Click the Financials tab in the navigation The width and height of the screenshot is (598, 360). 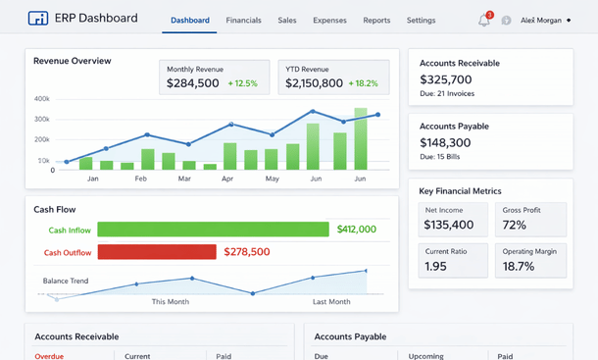[243, 20]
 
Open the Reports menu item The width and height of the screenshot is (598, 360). [376, 20]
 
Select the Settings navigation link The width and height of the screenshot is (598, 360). [421, 20]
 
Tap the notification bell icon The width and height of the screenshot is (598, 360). [483, 20]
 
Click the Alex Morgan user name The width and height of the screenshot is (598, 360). [541, 20]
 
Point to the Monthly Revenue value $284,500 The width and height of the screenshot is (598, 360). [193, 84]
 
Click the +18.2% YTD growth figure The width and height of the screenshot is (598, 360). [365, 84]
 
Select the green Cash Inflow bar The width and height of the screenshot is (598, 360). [213, 230]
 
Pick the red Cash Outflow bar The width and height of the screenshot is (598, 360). [157, 252]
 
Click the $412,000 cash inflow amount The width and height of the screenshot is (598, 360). [356, 230]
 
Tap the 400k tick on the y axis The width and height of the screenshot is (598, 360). [42, 99]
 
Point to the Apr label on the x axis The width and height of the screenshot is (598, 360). [227, 180]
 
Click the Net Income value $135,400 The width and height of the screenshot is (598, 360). [449, 225]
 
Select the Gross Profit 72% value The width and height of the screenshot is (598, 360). [514, 225]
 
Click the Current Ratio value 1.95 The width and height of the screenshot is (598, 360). [436, 266]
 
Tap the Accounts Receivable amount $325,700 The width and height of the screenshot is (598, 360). [446, 79]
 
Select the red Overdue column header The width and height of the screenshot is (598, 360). [49, 356]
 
